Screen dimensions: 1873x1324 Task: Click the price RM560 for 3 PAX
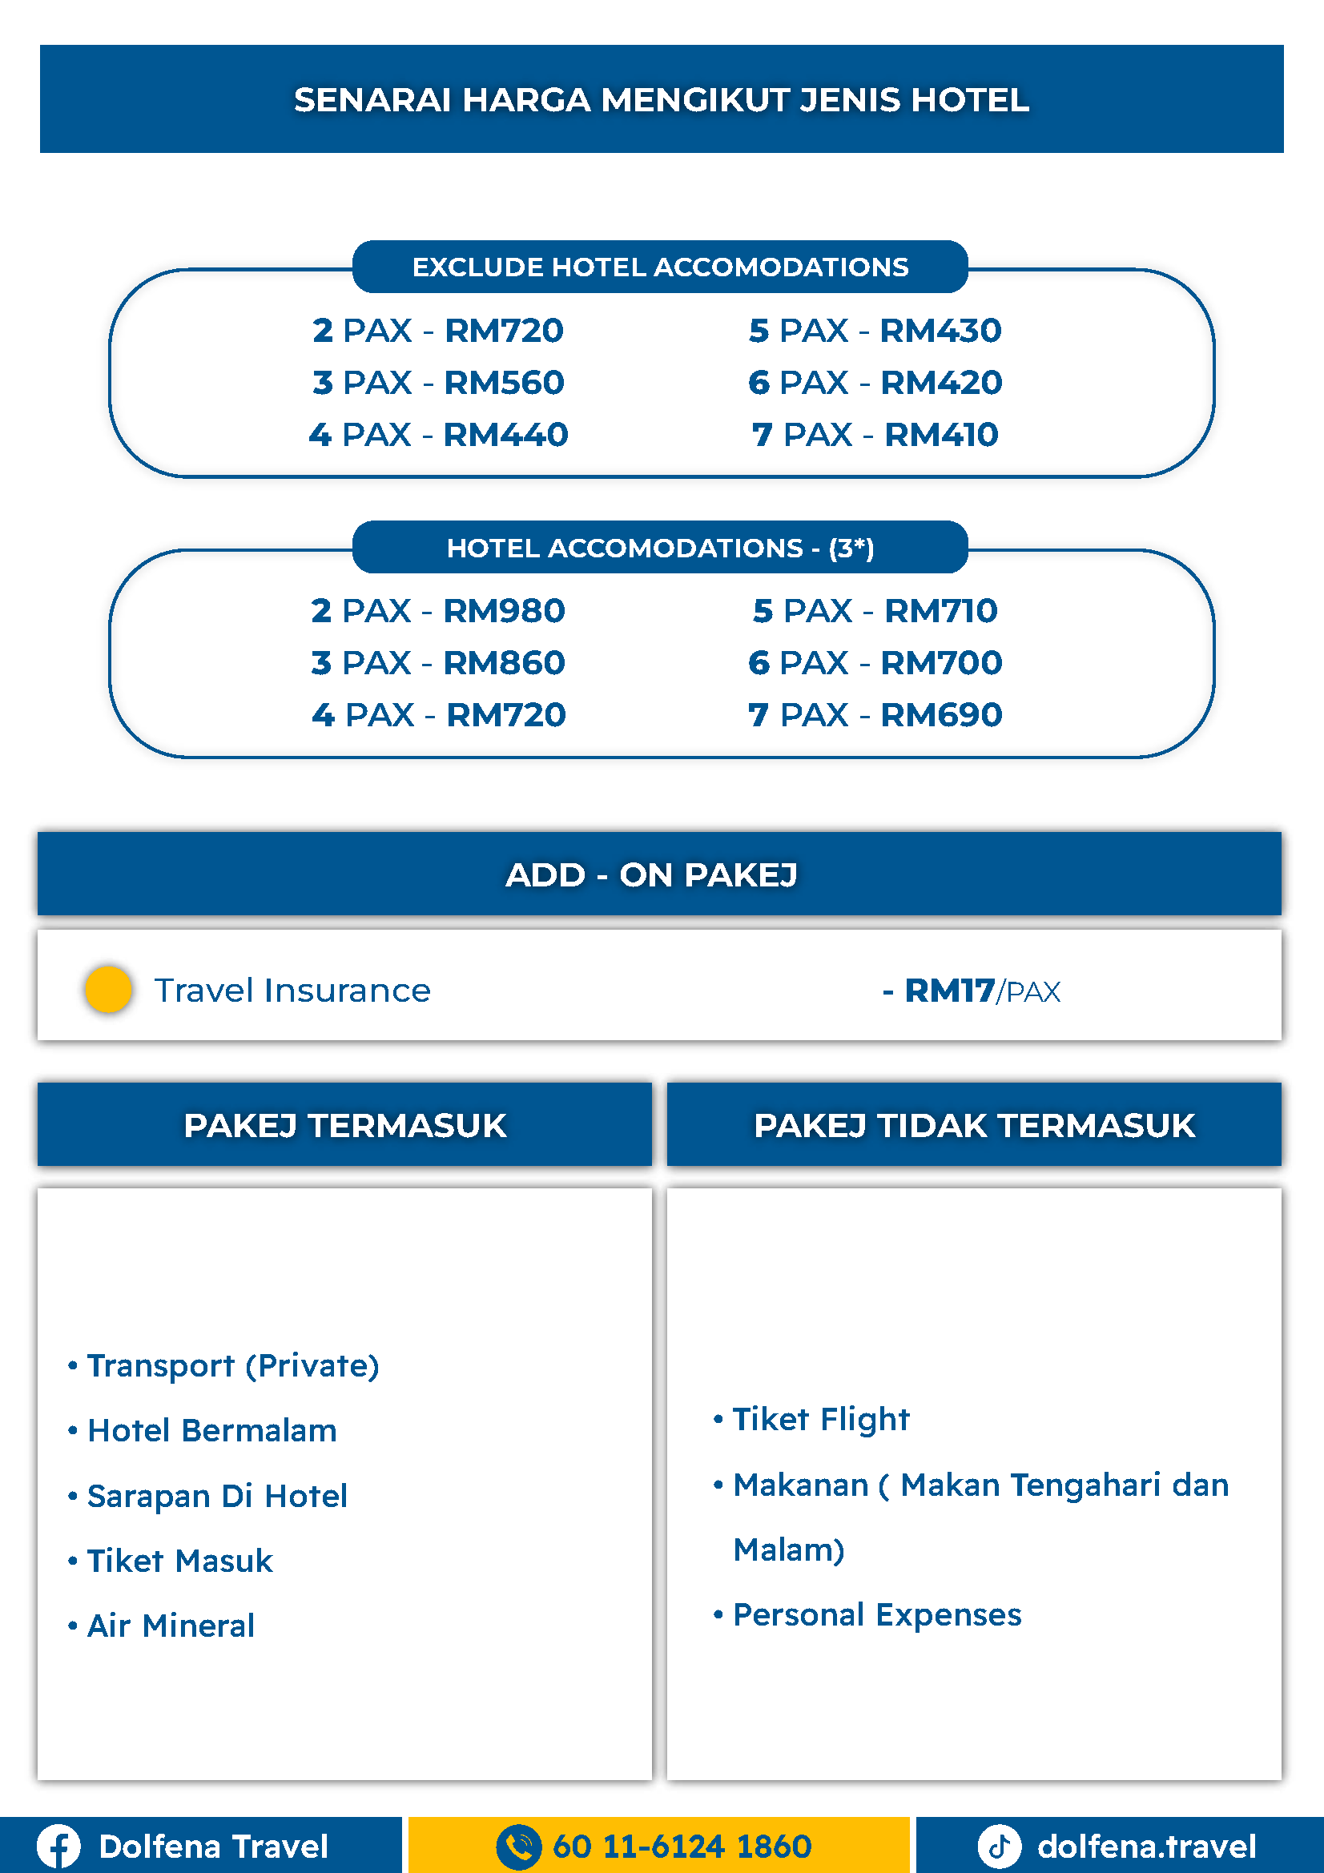pos(503,383)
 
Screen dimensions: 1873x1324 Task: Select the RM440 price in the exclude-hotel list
pos(505,435)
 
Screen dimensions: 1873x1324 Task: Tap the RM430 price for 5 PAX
pos(940,331)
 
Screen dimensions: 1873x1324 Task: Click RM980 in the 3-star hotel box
pos(503,611)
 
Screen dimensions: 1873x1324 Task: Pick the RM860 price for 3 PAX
pos(503,663)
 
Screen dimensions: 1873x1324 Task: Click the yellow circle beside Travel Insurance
pos(108,990)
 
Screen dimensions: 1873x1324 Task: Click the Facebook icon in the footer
pos(58,1846)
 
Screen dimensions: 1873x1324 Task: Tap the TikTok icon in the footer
pos(1000,1846)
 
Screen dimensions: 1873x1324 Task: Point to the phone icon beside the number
pos(518,1846)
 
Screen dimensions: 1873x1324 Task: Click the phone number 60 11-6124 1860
pos(681,1846)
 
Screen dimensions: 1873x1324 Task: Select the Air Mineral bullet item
pos(171,1626)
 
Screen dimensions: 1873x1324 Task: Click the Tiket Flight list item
pos(820,1420)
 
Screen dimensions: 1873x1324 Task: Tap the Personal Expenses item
pos(876,1614)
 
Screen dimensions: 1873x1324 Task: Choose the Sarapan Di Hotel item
pos(217,1496)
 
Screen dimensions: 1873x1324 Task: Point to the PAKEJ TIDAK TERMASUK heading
pos(974,1125)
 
